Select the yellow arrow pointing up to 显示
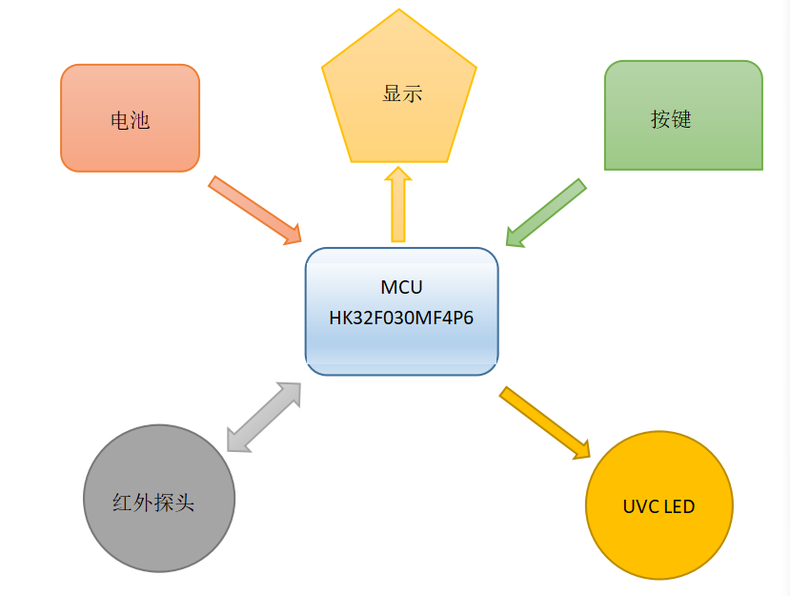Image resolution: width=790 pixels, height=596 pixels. pos(398,204)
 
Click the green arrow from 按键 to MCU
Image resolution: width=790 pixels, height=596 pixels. pos(545,212)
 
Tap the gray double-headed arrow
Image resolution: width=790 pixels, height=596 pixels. pos(264,417)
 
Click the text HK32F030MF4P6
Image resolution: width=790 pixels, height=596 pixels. pos(401,319)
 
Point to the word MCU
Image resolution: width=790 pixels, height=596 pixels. pos(401,287)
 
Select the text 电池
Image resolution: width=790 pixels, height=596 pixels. pos(130,121)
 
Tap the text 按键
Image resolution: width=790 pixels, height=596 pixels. pos(671,119)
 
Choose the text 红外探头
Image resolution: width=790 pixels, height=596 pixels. pos(153,503)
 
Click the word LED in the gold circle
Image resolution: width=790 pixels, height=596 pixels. pos(679,506)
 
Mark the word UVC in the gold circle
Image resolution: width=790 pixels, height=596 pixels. pos(640,506)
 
